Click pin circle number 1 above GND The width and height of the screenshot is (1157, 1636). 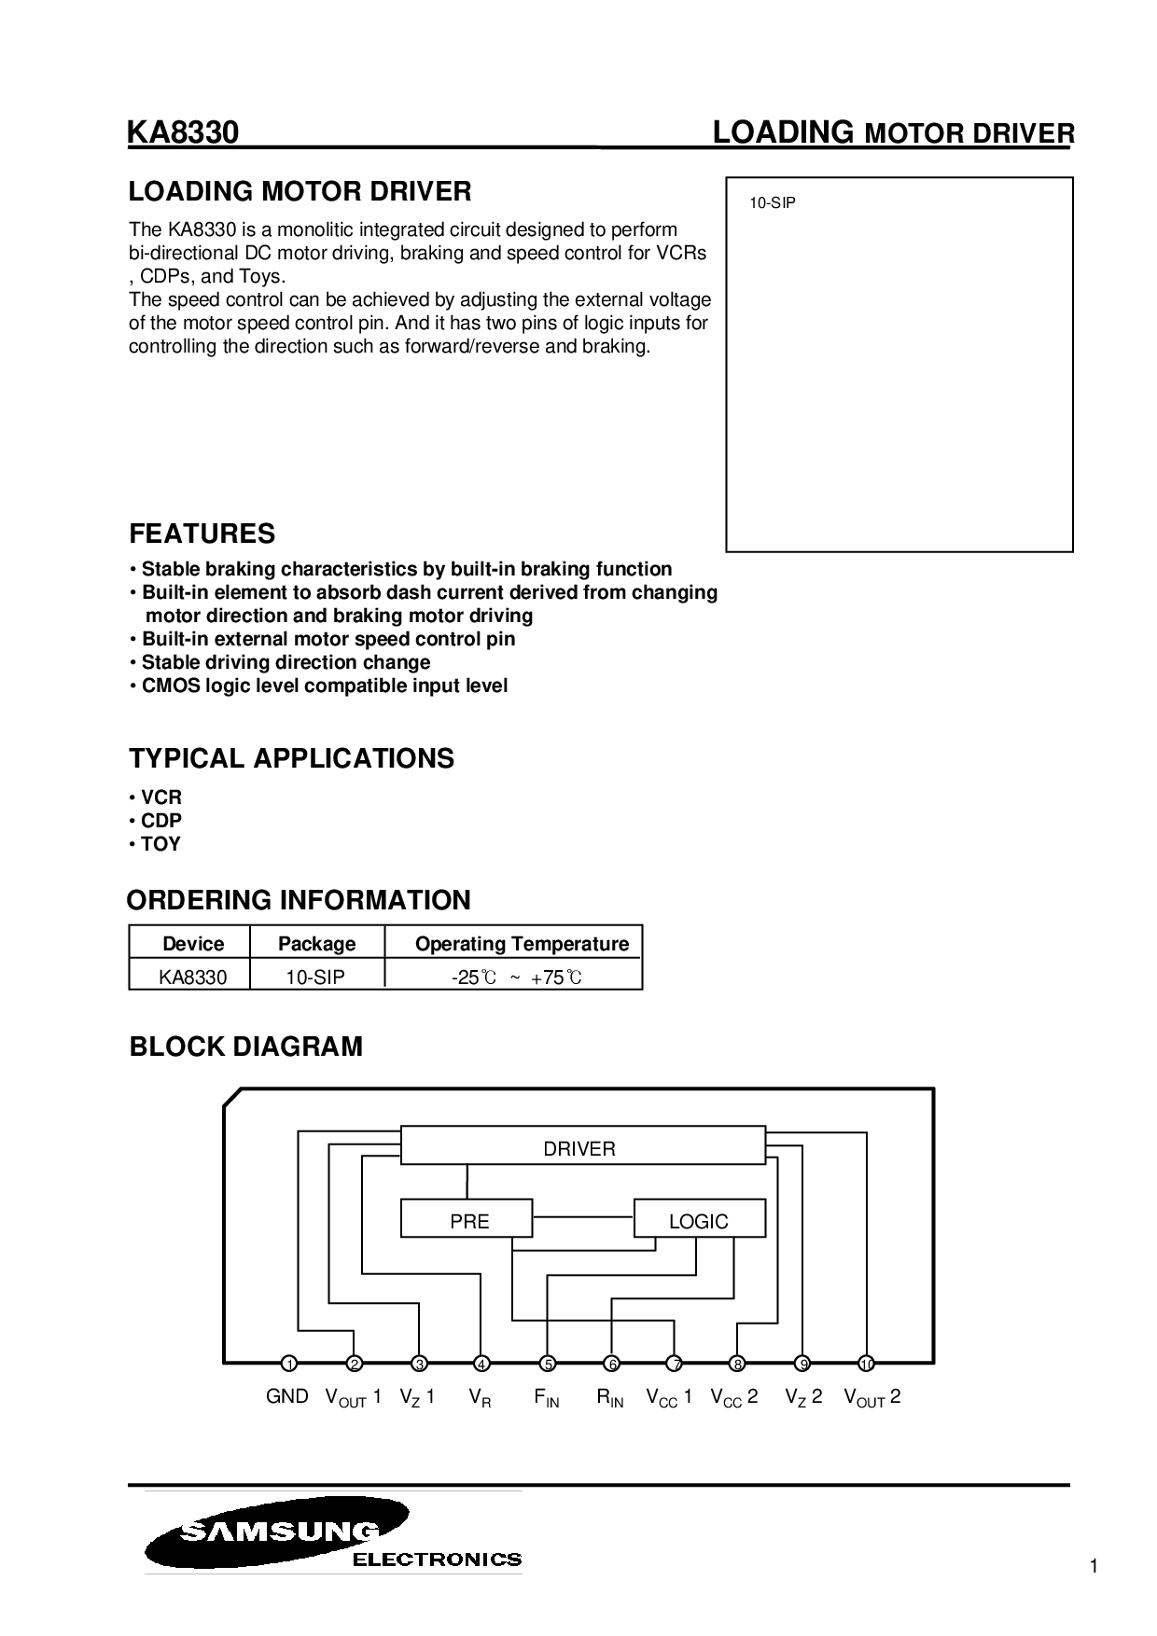click(289, 1365)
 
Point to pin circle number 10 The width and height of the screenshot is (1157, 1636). click(866, 1365)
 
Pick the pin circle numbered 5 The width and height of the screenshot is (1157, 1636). click(548, 1365)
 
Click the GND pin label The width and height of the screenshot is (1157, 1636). click(286, 1396)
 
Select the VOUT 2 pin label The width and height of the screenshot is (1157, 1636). click(871, 1397)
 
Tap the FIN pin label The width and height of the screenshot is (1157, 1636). click(547, 1398)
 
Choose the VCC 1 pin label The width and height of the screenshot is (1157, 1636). click(669, 1397)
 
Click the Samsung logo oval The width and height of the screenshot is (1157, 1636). click(277, 1532)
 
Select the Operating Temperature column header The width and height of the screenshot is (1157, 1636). click(522, 944)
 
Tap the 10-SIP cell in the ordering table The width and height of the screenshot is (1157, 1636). click(315, 977)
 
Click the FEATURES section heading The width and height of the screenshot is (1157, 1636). click(202, 534)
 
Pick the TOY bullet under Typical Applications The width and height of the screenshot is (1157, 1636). click(160, 844)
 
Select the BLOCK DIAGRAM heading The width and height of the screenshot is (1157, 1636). click(245, 1047)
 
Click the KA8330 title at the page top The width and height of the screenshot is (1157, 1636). click(184, 133)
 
